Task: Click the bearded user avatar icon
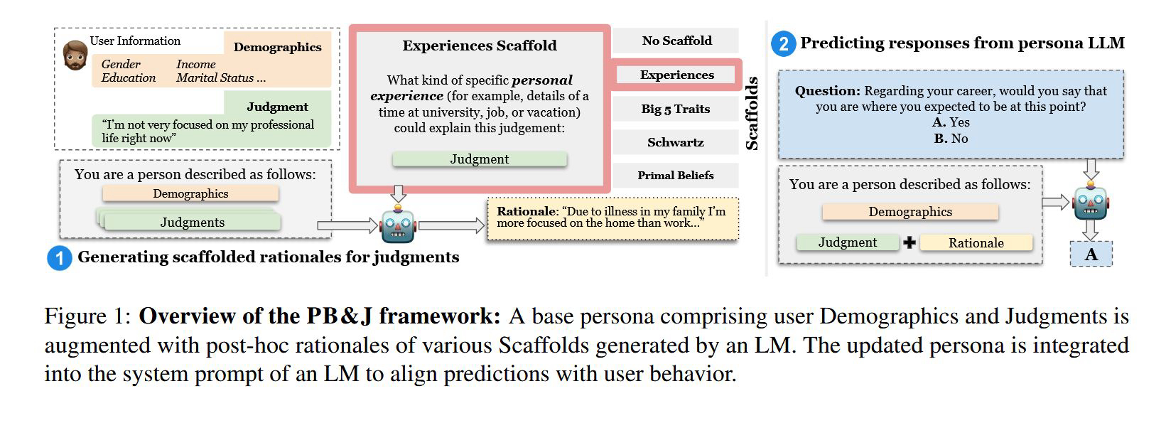pyautogui.click(x=75, y=55)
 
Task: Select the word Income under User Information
pyautogui.click(x=195, y=64)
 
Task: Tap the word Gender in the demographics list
pyautogui.click(x=121, y=64)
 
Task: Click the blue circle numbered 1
pyautogui.click(x=60, y=258)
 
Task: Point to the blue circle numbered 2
pyautogui.click(x=784, y=44)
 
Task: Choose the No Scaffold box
pyautogui.click(x=676, y=41)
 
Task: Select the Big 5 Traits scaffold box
pyautogui.click(x=676, y=109)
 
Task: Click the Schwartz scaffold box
pyautogui.click(x=676, y=142)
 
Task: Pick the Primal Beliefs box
pyautogui.click(x=676, y=176)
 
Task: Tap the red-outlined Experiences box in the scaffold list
pyautogui.click(x=676, y=75)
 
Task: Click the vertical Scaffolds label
pyautogui.click(x=752, y=114)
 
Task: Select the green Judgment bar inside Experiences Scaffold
pyautogui.click(x=480, y=159)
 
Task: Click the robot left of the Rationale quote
pyautogui.click(x=398, y=225)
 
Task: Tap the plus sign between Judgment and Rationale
pyautogui.click(x=909, y=242)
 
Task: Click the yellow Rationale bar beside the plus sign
pyautogui.click(x=976, y=242)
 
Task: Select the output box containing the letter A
pyautogui.click(x=1091, y=254)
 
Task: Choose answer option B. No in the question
pyautogui.click(x=951, y=139)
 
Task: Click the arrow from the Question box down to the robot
pyautogui.click(x=1091, y=169)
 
